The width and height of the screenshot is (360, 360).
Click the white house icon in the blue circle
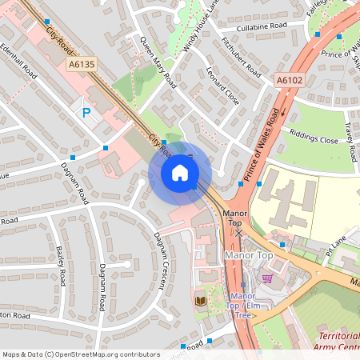coord(180,172)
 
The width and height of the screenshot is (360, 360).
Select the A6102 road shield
coord(290,81)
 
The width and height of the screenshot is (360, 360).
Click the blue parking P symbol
coord(86,114)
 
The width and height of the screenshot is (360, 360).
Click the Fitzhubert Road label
coord(241,58)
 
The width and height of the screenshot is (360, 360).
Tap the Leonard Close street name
coord(222,87)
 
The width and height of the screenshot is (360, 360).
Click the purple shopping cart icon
coord(267,278)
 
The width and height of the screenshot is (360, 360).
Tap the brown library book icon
coord(200,300)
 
